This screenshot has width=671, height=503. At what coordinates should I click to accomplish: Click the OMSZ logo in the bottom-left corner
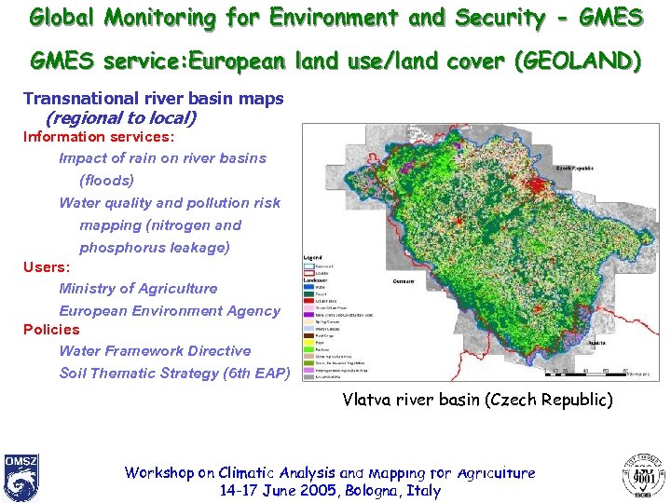coord(21,477)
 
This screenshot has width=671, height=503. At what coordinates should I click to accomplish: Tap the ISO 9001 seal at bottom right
coord(644,476)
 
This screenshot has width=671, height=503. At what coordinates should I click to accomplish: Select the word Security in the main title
coord(500,17)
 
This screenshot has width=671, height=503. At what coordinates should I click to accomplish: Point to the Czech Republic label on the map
coord(575,168)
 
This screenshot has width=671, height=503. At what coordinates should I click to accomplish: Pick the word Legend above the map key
coord(314,257)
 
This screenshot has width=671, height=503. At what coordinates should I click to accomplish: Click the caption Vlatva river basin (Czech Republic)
coord(477,400)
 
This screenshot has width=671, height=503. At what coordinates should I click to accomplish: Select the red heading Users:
coord(47,267)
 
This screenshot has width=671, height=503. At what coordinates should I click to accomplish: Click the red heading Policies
coord(51,329)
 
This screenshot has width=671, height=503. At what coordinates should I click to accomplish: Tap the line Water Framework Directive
coord(155,351)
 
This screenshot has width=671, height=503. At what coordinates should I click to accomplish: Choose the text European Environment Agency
coord(169,311)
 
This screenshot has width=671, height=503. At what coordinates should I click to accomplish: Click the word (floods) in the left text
coord(106,180)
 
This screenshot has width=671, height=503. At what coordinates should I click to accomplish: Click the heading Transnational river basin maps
coord(153,99)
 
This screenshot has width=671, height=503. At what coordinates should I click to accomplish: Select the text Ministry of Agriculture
coord(138,289)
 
